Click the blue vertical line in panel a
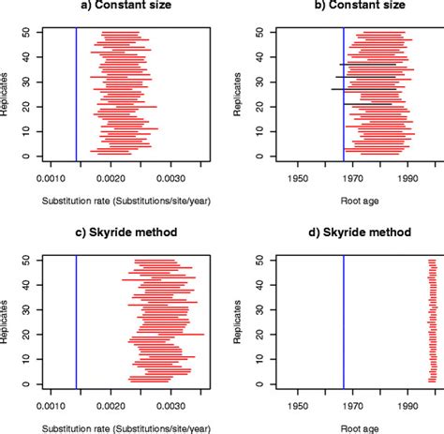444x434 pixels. click(76, 94)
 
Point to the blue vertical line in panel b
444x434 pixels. click(344, 94)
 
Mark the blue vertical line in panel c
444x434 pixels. click(76, 319)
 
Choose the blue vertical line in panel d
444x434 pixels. click(344, 319)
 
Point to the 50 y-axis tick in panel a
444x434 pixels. click(24, 32)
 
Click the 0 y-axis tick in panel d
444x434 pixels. click(247, 382)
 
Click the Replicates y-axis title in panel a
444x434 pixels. click(7, 94)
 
